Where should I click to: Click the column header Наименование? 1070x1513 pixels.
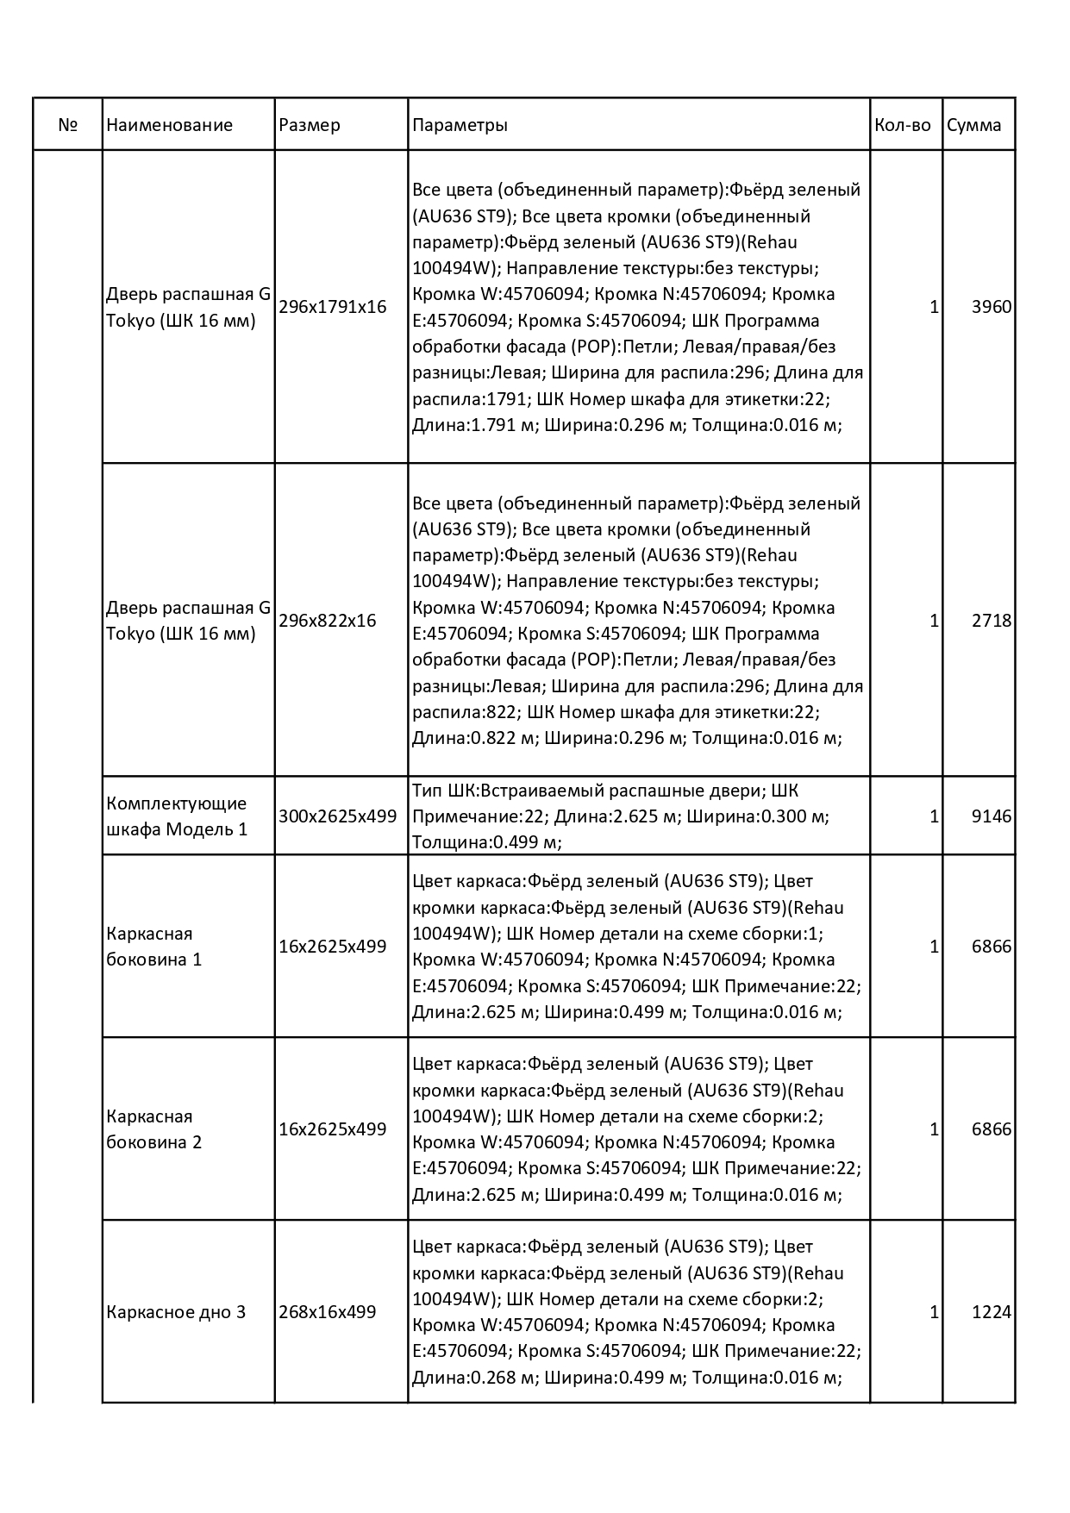(x=170, y=125)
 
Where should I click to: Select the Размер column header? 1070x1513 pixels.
(x=310, y=125)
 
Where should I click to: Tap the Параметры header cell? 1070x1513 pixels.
(x=460, y=125)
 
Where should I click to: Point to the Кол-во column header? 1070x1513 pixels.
(x=903, y=125)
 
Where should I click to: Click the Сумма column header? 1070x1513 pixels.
(x=974, y=125)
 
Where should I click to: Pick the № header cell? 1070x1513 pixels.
(x=68, y=125)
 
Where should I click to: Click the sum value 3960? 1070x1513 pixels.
(x=991, y=307)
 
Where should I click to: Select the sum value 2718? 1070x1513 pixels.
(x=991, y=621)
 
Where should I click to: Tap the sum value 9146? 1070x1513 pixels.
(x=991, y=816)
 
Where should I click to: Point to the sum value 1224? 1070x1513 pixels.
(x=991, y=1312)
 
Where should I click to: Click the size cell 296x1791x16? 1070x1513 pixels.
(x=333, y=307)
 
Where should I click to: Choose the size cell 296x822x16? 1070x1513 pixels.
(x=328, y=621)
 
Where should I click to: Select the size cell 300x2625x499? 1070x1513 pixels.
(x=338, y=816)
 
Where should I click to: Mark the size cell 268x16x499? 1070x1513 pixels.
(x=328, y=1312)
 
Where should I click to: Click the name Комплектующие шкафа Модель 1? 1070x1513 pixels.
(x=177, y=816)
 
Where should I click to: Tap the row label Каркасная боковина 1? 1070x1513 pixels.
(x=154, y=947)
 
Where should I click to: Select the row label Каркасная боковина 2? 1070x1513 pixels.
(x=154, y=1129)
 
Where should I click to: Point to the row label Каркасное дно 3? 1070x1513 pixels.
(x=176, y=1312)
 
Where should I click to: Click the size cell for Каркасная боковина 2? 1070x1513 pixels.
(x=333, y=1129)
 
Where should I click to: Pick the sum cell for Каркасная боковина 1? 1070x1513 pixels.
(x=991, y=947)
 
